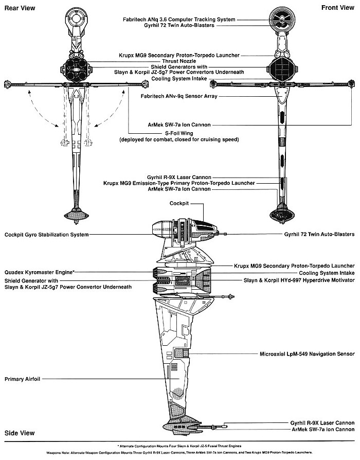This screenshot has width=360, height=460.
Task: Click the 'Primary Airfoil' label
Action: tap(22, 379)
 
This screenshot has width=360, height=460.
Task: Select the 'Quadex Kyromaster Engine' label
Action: tap(39, 271)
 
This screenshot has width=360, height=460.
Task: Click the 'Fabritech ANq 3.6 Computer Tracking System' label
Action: tap(179, 19)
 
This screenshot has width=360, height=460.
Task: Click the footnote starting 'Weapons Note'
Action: tap(179, 452)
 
